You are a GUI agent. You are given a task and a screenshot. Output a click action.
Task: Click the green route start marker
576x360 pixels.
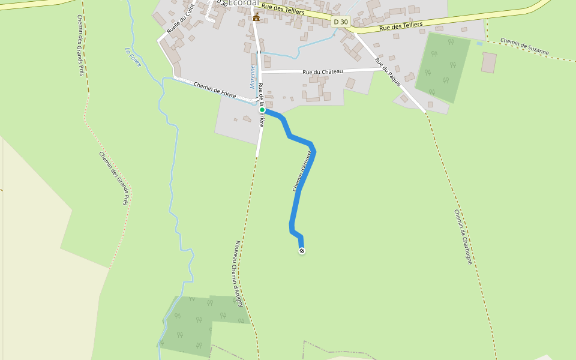pos(262,110)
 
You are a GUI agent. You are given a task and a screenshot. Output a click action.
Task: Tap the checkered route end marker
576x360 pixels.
pos(302,251)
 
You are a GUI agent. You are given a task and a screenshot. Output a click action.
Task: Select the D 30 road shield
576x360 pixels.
pos(340,22)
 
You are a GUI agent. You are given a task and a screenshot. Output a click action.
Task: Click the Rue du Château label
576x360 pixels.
pos(323,72)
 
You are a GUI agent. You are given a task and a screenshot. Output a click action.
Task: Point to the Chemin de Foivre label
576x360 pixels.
pos(215,89)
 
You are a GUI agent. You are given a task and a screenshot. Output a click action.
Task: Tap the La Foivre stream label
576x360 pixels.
pos(133,57)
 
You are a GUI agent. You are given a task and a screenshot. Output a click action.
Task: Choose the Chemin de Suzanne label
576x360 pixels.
pos(524,47)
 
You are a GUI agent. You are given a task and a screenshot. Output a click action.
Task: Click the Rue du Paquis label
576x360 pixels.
pos(388,72)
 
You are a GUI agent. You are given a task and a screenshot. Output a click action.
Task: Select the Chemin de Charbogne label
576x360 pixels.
pos(463,237)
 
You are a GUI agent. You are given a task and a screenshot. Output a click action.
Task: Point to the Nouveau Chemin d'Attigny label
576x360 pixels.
pos(239,274)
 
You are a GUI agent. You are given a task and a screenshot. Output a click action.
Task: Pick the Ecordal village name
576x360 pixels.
pos(243,3)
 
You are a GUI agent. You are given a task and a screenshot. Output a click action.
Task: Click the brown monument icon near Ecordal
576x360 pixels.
pos(256,17)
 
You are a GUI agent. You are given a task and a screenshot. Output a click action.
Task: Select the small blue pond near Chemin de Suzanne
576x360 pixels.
pos(479,43)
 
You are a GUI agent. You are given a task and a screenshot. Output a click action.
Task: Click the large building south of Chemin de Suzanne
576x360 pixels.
pos(489,62)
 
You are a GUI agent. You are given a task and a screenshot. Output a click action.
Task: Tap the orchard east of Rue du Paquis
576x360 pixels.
pos(443,67)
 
